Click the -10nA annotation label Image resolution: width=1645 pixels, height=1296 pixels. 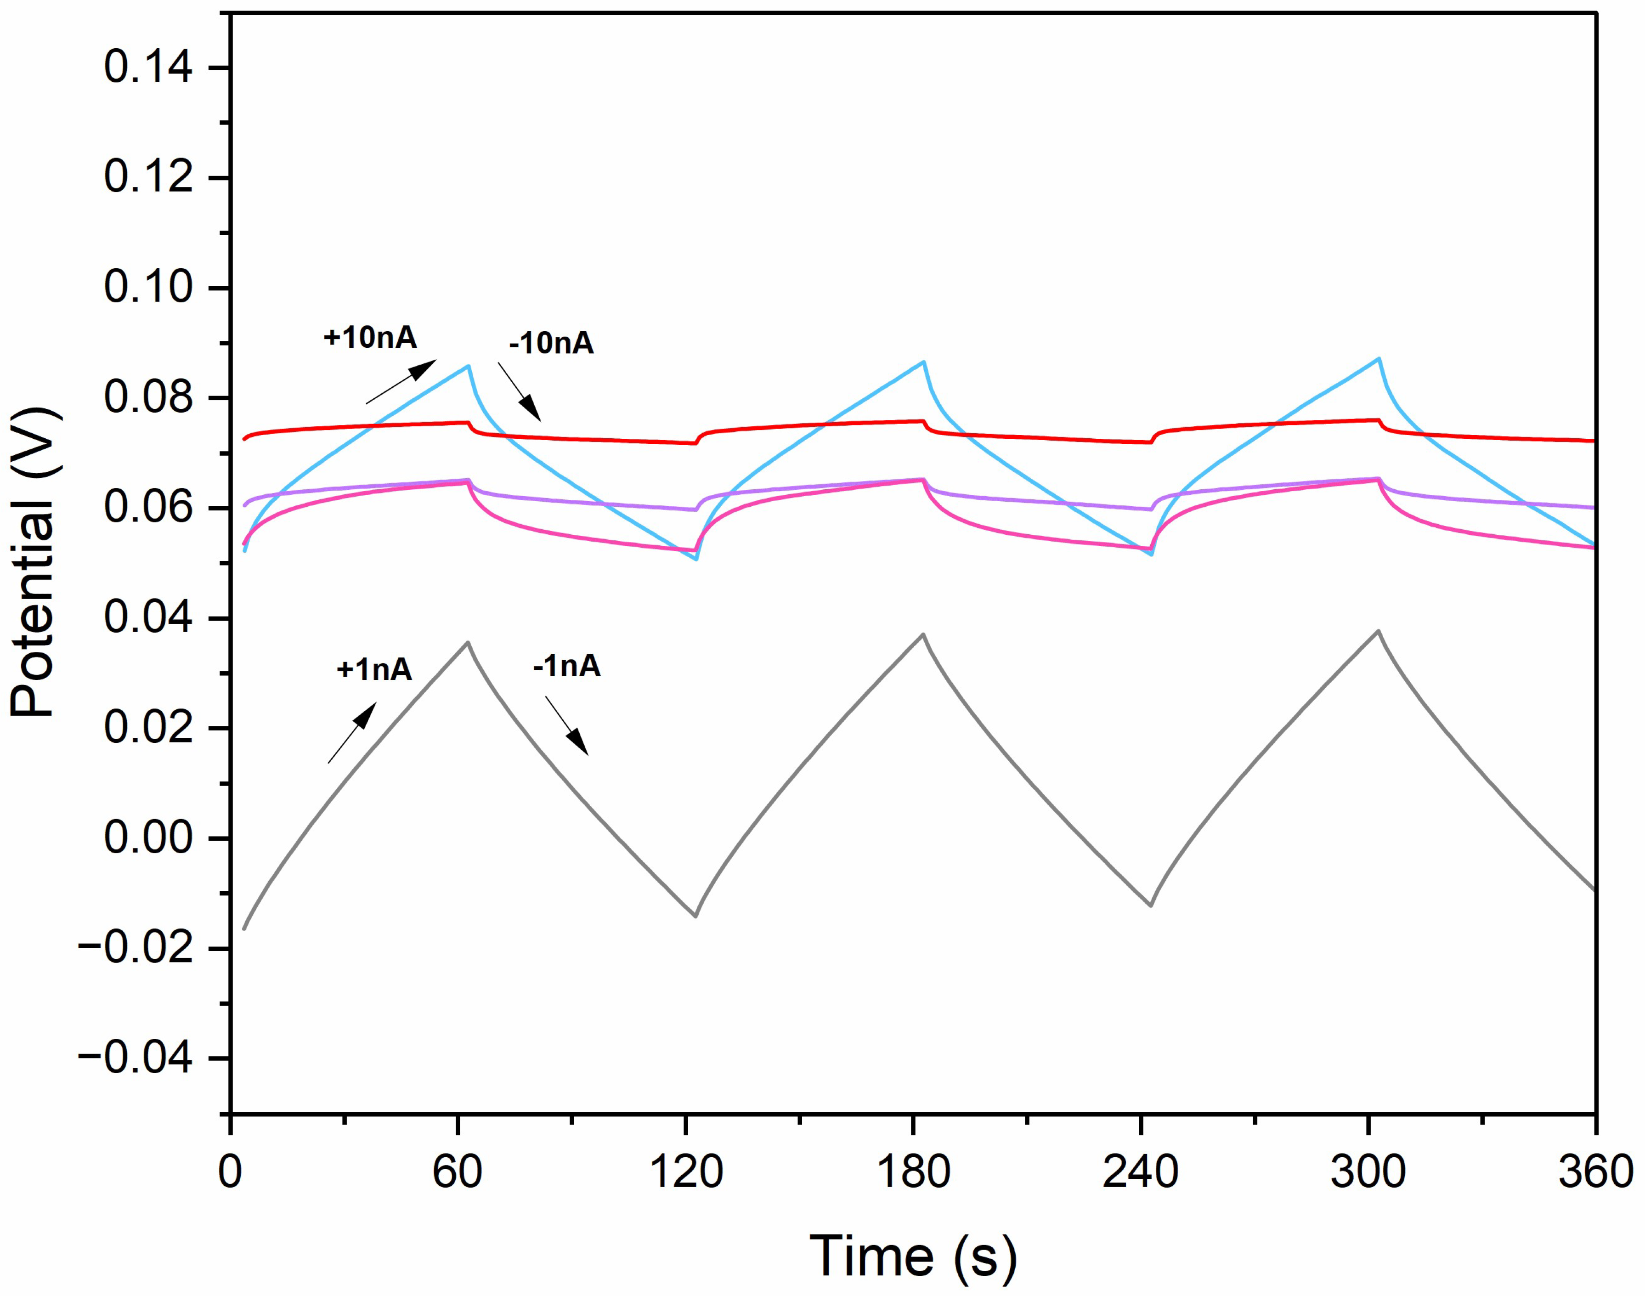tap(551, 343)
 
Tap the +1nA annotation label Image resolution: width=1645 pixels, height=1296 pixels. tap(374, 669)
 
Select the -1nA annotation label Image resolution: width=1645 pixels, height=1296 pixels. tap(567, 666)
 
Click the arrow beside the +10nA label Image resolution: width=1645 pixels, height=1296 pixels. tap(401, 382)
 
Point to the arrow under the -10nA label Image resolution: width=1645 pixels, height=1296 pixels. tap(520, 391)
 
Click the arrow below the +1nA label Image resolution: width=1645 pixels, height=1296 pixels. tap(352, 733)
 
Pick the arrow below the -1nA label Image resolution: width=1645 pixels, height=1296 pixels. tap(567, 726)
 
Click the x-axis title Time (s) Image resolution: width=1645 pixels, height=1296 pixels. tap(913, 1256)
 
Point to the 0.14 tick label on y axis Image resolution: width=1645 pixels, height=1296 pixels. tap(148, 68)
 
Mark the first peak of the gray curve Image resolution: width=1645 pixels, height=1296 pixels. tap(468, 643)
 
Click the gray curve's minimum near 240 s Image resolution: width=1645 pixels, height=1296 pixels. tap(1151, 905)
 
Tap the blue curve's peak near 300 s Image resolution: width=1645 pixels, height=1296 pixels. tap(1379, 358)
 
